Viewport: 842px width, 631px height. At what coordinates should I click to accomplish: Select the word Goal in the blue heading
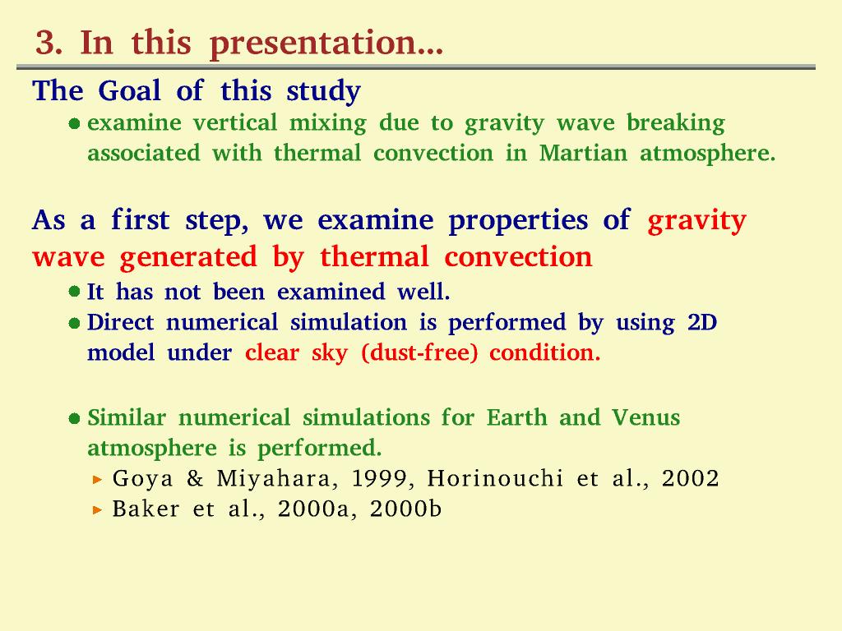[129, 90]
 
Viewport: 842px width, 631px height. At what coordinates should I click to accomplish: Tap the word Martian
[583, 153]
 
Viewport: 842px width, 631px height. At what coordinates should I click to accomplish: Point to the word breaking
[676, 124]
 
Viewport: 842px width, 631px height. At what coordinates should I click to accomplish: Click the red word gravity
[697, 221]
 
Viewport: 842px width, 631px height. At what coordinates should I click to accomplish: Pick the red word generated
[188, 257]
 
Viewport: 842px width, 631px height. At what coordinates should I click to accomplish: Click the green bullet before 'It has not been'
[75, 292]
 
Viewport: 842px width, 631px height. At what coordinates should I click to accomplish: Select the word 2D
[702, 322]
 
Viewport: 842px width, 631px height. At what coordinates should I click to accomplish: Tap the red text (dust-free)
[419, 353]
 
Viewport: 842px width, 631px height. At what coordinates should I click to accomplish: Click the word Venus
[646, 417]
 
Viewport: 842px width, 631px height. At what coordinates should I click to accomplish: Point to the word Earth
[516, 417]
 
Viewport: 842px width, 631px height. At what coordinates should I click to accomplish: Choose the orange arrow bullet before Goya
[97, 479]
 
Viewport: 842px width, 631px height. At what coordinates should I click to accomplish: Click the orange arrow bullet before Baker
[97, 509]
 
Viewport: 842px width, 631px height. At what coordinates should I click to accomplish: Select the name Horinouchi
[495, 478]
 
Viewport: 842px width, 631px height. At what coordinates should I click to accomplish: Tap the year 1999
[382, 479]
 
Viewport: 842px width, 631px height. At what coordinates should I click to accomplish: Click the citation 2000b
[406, 509]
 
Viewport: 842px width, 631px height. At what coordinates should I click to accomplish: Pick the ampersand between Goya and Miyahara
[195, 478]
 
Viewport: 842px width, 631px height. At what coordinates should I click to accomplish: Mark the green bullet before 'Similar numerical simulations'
[75, 418]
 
